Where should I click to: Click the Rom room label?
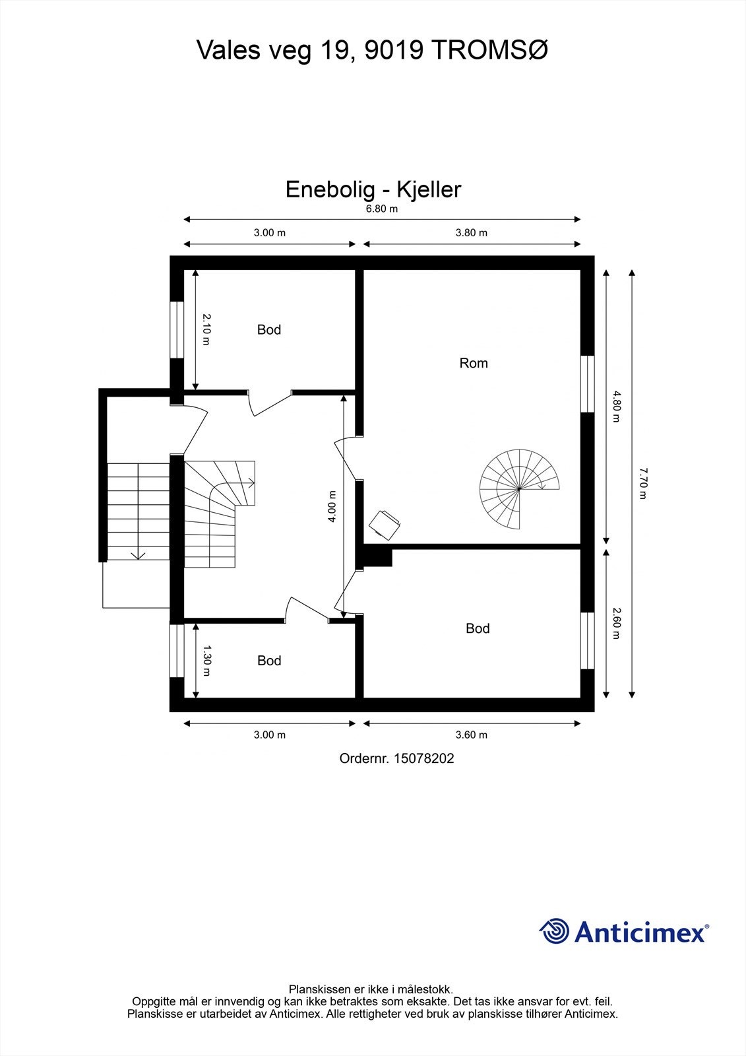474,363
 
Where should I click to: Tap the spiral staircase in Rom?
519,489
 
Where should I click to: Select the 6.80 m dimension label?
382,209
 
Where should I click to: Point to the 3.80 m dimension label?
471,232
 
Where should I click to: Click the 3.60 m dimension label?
471,735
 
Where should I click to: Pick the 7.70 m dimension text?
643,483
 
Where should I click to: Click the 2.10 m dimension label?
206,329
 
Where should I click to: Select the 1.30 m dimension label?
206,661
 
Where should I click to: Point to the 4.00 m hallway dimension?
332,506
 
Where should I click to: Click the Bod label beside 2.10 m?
269,329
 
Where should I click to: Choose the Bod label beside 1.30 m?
269,661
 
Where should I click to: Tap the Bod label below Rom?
478,628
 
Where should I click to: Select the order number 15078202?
424,758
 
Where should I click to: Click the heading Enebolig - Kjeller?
373,189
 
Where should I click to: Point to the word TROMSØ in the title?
489,50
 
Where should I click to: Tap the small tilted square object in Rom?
385,525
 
